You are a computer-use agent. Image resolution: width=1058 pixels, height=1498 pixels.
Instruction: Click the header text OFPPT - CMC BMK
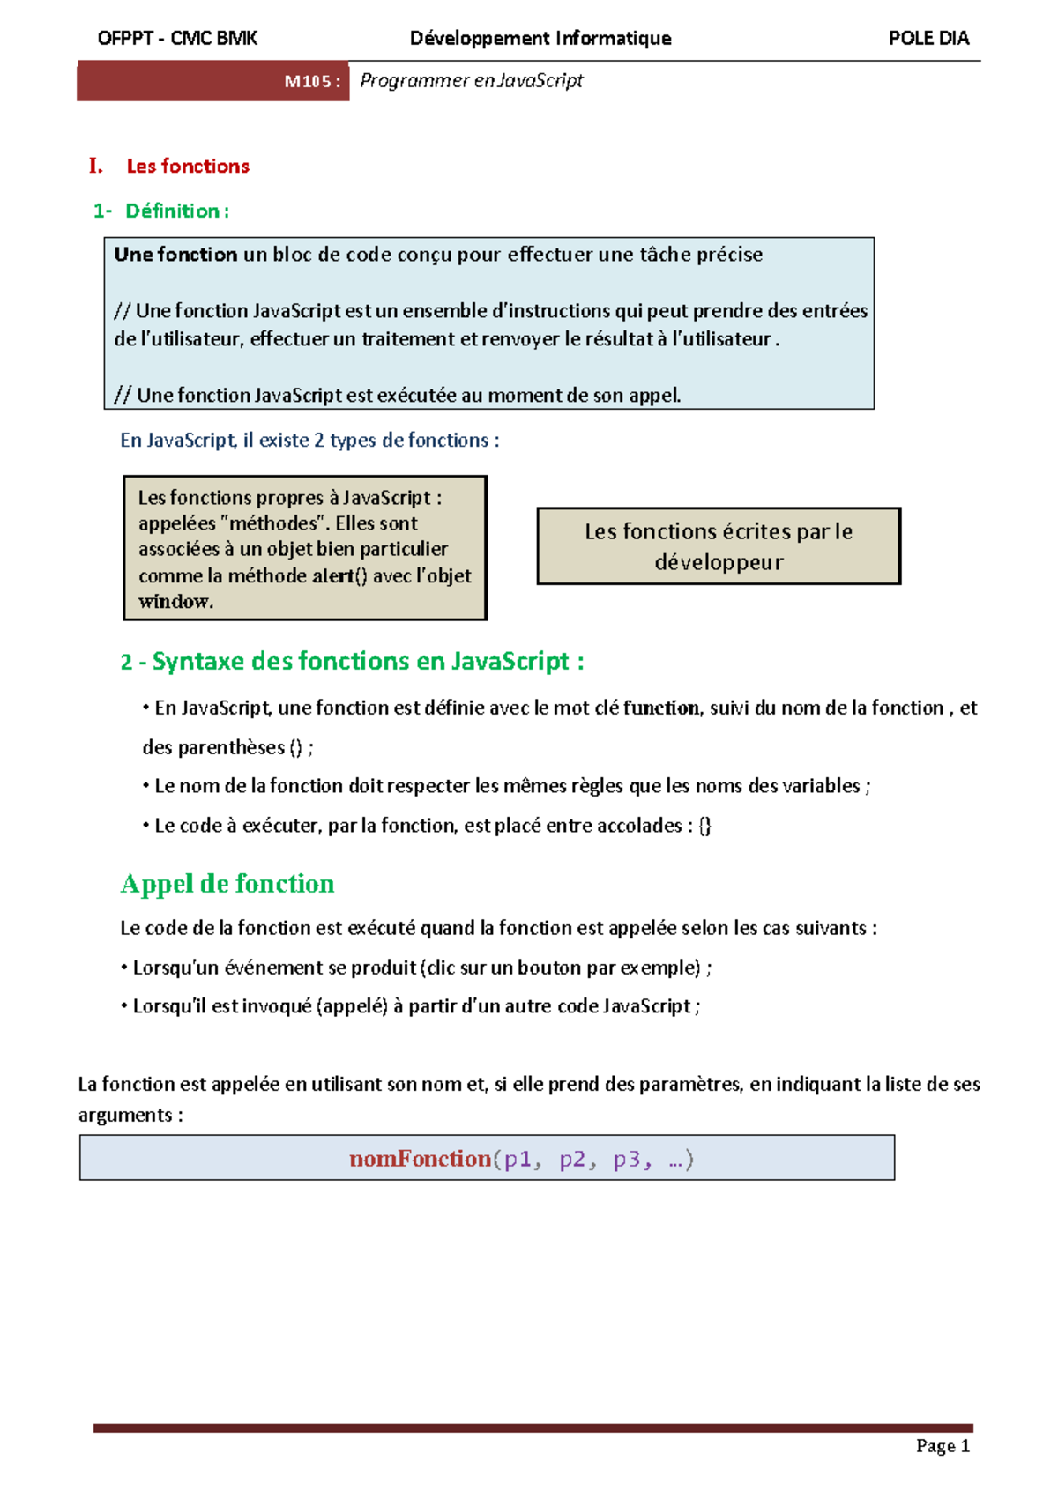pos(177,38)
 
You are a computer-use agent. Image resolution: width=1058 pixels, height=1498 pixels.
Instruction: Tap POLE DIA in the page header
pos(928,38)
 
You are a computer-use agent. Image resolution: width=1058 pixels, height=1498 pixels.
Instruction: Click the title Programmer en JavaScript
pos(471,81)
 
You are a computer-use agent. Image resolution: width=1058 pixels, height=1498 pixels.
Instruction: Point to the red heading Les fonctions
pos(188,167)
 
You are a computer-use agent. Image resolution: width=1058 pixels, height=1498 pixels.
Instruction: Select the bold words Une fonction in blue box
pos(175,255)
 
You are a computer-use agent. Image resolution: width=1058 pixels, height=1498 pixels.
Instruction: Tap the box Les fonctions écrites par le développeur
pos(719,546)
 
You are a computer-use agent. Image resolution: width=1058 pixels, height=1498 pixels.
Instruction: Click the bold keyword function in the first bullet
pos(661,708)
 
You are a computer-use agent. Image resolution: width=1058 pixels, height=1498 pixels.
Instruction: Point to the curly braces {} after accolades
pos(704,826)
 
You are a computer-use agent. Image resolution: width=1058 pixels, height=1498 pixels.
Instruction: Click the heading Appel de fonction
pos(227,884)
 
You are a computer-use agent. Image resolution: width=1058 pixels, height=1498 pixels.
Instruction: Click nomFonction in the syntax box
pos(420,1159)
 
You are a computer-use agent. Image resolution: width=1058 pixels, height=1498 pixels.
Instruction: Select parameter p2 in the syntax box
pos(572,1159)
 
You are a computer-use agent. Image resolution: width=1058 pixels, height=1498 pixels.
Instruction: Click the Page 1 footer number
pos(943,1446)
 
